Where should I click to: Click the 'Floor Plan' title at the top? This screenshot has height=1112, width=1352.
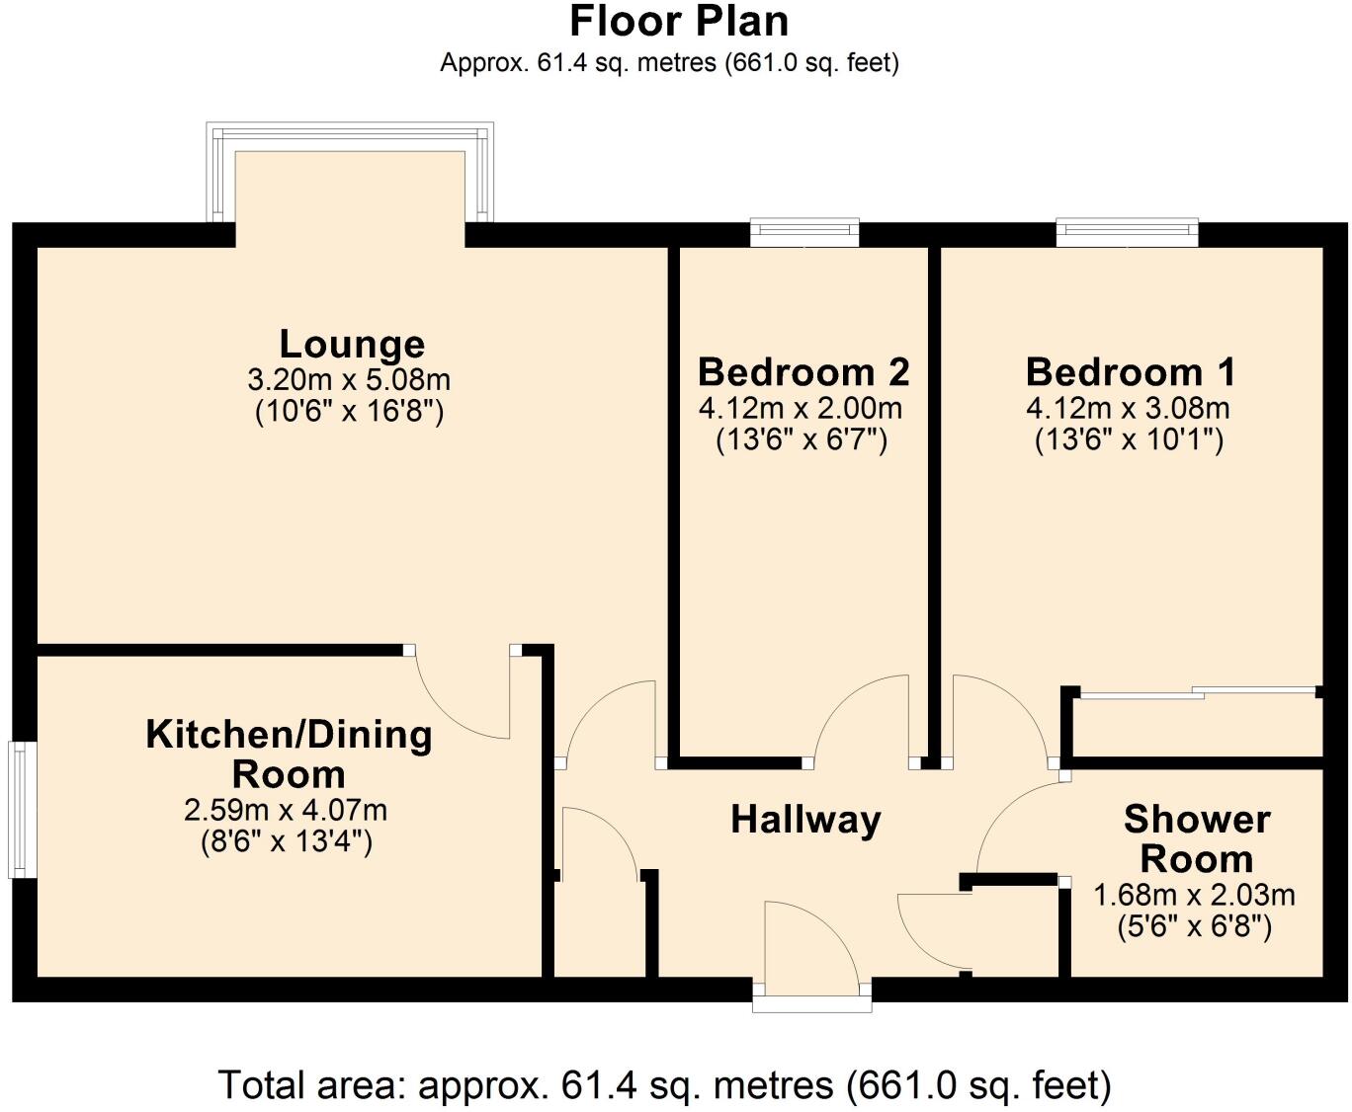click(679, 22)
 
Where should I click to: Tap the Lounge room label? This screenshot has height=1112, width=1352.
click(352, 344)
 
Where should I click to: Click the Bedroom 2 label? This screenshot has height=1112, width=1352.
click(803, 372)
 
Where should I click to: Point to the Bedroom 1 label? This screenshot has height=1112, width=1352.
click(1131, 372)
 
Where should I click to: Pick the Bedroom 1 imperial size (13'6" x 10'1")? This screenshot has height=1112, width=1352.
click(1129, 439)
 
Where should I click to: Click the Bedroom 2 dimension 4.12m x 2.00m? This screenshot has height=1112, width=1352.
click(801, 408)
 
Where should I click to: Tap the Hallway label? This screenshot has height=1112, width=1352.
click(805, 820)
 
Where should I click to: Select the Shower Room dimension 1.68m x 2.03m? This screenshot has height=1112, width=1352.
click(1194, 896)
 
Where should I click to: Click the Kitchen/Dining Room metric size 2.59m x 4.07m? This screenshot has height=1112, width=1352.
click(286, 811)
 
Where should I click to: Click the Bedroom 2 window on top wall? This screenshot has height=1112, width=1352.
click(803, 233)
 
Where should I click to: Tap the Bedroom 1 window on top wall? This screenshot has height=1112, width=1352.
click(1127, 233)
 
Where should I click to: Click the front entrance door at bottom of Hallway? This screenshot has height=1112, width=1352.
click(810, 948)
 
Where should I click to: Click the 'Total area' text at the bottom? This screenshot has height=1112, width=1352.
click(664, 1085)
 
